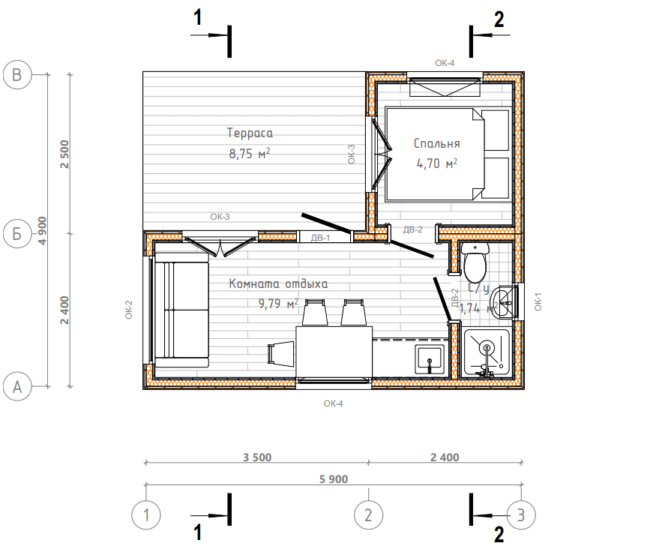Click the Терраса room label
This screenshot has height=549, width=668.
[x=250, y=133]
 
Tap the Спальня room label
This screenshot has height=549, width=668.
[x=436, y=143]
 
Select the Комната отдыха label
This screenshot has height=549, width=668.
[x=278, y=283]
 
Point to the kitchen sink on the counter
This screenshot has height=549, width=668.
[x=430, y=360]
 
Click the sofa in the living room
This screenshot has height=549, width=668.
[x=181, y=310]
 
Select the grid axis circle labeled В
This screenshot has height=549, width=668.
[x=17, y=75]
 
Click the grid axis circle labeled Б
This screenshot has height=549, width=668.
[x=17, y=233]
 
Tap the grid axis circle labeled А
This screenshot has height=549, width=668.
[x=17, y=386]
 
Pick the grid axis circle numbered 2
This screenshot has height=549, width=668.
[x=369, y=515]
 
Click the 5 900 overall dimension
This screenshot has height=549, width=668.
[x=334, y=479]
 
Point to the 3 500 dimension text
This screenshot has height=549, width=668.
[x=257, y=457]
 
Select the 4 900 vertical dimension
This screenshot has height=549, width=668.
[x=43, y=230]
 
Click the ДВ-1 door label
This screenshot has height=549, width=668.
[x=320, y=238]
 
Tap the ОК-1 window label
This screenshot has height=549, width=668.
[x=538, y=301]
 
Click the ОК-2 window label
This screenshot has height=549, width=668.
[x=129, y=310]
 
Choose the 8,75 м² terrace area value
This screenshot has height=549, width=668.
[x=250, y=153]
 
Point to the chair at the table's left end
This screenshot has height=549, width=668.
[x=281, y=353]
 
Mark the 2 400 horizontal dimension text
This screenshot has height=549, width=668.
[x=445, y=457]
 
